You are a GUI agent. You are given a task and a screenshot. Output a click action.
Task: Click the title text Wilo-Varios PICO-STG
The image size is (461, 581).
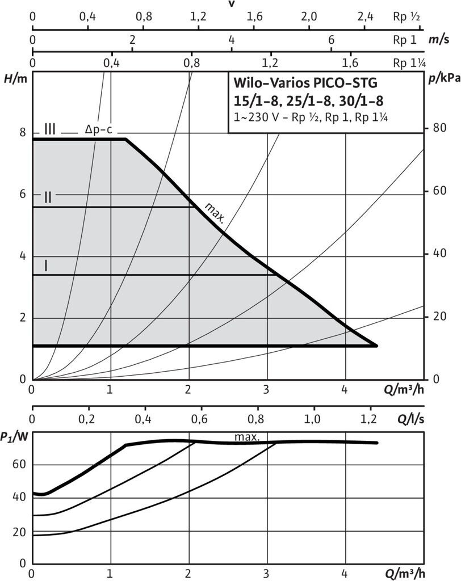[305, 83]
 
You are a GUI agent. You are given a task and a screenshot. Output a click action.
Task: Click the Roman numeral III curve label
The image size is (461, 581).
[49, 129]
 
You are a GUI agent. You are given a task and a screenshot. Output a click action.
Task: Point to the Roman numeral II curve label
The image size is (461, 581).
[48, 197]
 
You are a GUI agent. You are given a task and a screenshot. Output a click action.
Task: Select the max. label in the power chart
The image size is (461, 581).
[247, 437]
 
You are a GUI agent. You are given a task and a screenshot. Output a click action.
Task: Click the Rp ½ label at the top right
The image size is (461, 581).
[406, 16]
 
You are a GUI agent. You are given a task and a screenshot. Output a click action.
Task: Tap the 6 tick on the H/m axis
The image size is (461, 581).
[23, 194]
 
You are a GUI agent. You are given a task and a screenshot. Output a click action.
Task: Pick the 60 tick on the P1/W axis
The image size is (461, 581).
[19, 466]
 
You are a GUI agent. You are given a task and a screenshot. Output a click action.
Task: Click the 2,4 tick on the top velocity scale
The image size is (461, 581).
[365, 16]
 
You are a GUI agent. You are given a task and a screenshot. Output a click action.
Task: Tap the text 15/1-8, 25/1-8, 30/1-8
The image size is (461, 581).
[309, 101]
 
